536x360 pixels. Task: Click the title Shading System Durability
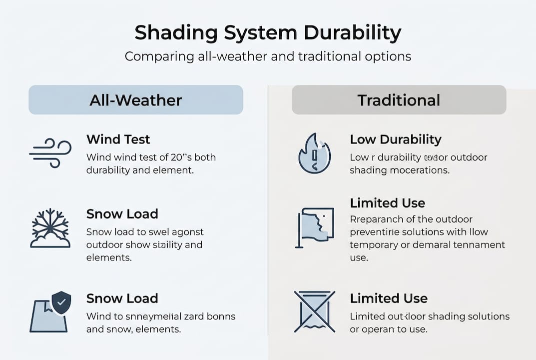click(x=268, y=33)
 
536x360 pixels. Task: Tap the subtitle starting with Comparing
click(x=268, y=56)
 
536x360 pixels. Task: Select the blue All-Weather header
click(x=136, y=100)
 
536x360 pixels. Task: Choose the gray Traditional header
click(x=399, y=100)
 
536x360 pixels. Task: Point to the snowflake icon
click(x=50, y=227)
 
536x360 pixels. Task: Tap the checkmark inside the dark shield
click(x=61, y=302)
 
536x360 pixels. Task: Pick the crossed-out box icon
click(x=314, y=311)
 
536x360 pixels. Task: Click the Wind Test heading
click(x=118, y=139)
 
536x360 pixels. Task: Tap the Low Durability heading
click(x=396, y=139)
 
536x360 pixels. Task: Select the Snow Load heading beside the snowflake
click(x=122, y=214)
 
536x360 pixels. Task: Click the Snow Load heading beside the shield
click(x=122, y=298)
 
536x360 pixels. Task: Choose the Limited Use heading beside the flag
click(x=388, y=203)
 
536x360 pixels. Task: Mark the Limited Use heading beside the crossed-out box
click(x=389, y=298)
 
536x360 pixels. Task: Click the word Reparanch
click(x=376, y=219)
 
